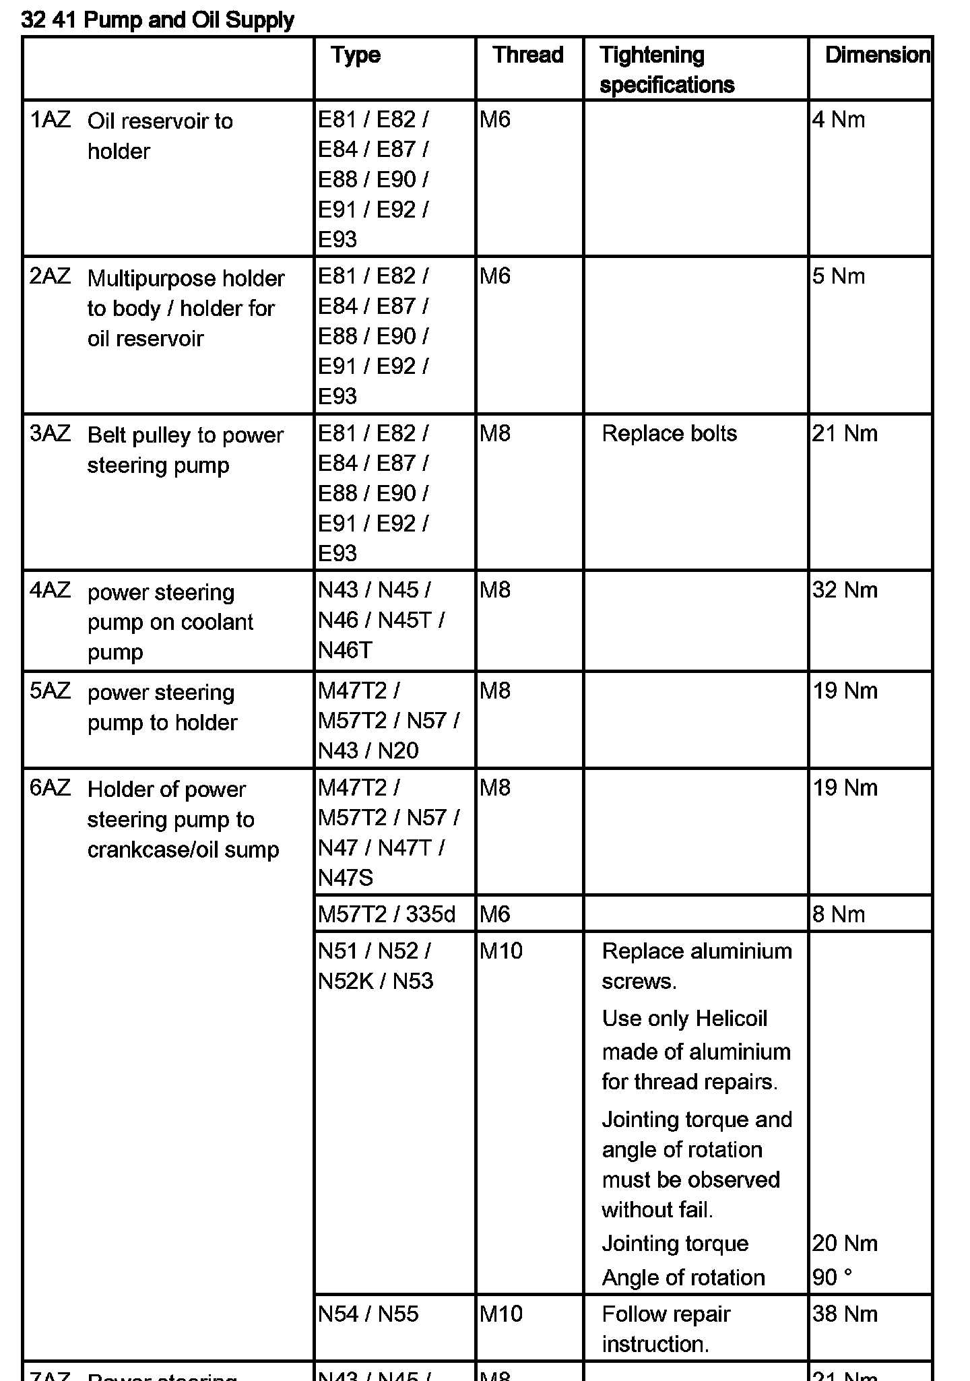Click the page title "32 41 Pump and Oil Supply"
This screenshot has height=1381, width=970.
click(x=158, y=20)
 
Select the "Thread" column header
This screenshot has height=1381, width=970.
click(x=527, y=55)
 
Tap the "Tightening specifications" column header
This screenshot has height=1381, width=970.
click(x=666, y=69)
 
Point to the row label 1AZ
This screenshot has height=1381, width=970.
click(x=50, y=120)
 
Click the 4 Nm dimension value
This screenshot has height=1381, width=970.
click(x=838, y=120)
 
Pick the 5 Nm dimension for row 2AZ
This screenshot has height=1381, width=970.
click(x=838, y=276)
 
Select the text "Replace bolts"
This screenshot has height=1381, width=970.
click(x=669, y=433)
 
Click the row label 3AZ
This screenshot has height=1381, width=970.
click(x=50, y=433)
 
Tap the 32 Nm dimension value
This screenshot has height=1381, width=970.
click(x=845, y=590)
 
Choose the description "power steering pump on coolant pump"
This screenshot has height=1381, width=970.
click(x=170, y=622)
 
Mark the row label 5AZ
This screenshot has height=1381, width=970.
click(x=50, y=691)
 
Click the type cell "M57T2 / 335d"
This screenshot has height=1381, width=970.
click(x=387, y=914)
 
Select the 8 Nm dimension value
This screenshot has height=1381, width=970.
click(x=838, y=914)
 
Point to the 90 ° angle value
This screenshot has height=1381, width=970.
click(x=832, y=1277)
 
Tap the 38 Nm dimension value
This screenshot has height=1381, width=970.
click(x=845, y=1314)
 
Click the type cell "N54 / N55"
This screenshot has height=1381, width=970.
click(x=368, y=1314)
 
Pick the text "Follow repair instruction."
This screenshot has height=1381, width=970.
click(x=666, y=1328)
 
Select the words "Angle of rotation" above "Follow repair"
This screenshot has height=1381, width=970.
click(x=683, y=1277)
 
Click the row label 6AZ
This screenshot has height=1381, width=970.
click(x=50, y=788)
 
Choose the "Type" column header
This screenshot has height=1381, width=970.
click(x=356, y=55)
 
